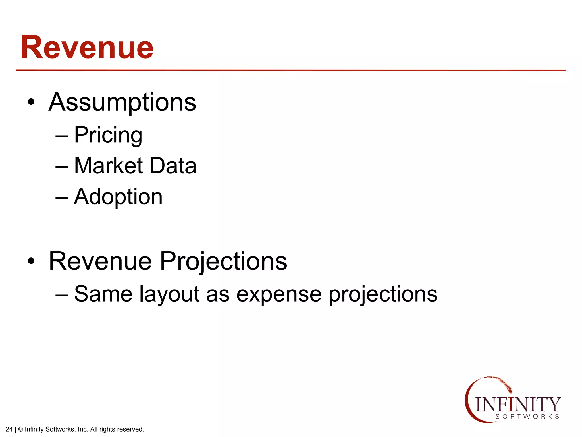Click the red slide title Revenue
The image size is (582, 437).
(x=87, y=47)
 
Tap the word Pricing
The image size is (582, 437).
(x=108, y=135)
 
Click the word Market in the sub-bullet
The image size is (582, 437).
(x=108, y=166)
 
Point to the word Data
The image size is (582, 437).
(x=173, y=166)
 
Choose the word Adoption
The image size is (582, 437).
(x=118, y=197)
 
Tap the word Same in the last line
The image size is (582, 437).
(x=103, y=294)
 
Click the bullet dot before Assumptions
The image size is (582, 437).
(x=31, y=102)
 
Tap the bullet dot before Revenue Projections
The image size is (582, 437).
(x=31, y=261)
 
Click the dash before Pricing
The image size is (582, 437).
(x=62, y=137)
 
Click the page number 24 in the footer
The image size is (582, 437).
(x=9, y=429)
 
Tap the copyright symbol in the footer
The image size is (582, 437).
(x=20, y=429)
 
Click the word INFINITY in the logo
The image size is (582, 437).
(x=517, y=404)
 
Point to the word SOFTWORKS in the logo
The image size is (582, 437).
(x=527, y=417)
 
